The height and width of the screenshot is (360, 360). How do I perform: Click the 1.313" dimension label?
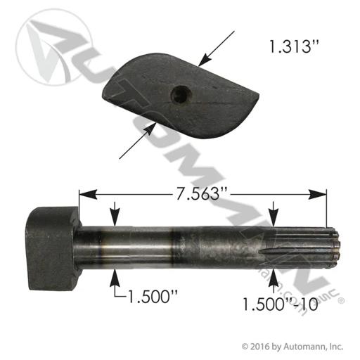294,46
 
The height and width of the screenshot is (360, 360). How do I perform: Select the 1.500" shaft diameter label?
152,296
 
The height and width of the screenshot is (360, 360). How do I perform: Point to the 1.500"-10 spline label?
280,304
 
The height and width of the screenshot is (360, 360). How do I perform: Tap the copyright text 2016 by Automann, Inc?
292,346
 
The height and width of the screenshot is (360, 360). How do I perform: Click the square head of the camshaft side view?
53,248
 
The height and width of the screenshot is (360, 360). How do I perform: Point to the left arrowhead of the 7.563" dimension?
88,195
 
